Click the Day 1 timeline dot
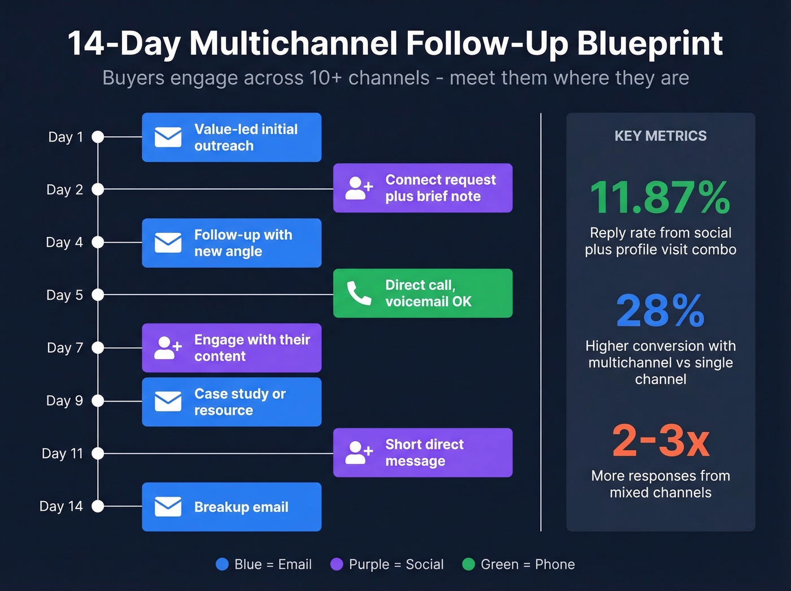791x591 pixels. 98,137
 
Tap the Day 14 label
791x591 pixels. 61,506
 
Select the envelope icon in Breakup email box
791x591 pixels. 168,507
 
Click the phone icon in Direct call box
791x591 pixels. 359,293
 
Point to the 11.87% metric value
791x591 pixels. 660,198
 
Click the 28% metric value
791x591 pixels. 660,311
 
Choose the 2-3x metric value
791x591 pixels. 660,441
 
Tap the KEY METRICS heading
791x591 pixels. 660,136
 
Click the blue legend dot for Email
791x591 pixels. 222,564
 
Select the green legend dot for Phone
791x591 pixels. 468,564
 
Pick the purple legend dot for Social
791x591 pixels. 337,564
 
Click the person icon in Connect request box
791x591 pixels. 359,188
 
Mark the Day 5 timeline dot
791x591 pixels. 98,295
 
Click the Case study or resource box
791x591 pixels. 232,402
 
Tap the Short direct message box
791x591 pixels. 423,452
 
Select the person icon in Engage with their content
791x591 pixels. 168,348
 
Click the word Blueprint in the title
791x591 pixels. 650,44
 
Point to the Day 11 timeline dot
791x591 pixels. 98,453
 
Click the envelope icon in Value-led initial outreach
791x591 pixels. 168,137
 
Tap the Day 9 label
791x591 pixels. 64,400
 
